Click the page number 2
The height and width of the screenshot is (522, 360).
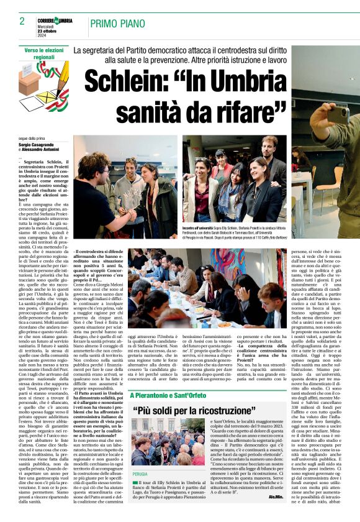coord(22,21)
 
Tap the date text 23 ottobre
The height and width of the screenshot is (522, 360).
coord(48,32)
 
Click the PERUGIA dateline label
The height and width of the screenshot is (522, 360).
coord(140,474)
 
